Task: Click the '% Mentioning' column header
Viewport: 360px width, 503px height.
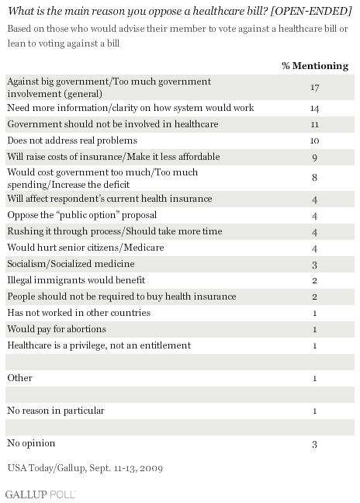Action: [315, 66]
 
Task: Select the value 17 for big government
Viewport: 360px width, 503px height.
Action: [315, 87]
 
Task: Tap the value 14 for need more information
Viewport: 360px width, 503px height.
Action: [314, 108]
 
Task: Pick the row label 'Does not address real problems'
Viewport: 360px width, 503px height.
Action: [72, 140]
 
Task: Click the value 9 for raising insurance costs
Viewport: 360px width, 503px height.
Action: [314, 157]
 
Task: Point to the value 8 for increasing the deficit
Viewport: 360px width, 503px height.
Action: [314, 178]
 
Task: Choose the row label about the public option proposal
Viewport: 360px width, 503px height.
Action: [82, 215]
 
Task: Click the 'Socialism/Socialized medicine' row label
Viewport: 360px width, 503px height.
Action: [71, 264]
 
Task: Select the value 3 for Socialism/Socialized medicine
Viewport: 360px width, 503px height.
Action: [314, 265]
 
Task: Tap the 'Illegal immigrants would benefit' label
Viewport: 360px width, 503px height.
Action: [76, 280]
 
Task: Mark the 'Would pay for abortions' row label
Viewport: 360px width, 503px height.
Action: [57, 329]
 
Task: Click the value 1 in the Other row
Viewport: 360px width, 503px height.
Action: [314, 378]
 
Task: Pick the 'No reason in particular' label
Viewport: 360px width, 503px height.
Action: [56, 411]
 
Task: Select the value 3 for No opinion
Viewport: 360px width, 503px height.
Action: [314, 444]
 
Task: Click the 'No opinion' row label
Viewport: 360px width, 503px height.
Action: [31, 443]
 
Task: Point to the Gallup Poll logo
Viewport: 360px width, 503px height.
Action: [40, 494]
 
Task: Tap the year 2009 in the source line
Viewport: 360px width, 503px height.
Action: [151, 468]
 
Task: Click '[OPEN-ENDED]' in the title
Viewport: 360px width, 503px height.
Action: [311, 11]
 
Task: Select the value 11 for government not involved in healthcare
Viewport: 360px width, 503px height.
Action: [314, 124]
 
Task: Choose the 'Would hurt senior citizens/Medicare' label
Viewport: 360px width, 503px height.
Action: [85, 248]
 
